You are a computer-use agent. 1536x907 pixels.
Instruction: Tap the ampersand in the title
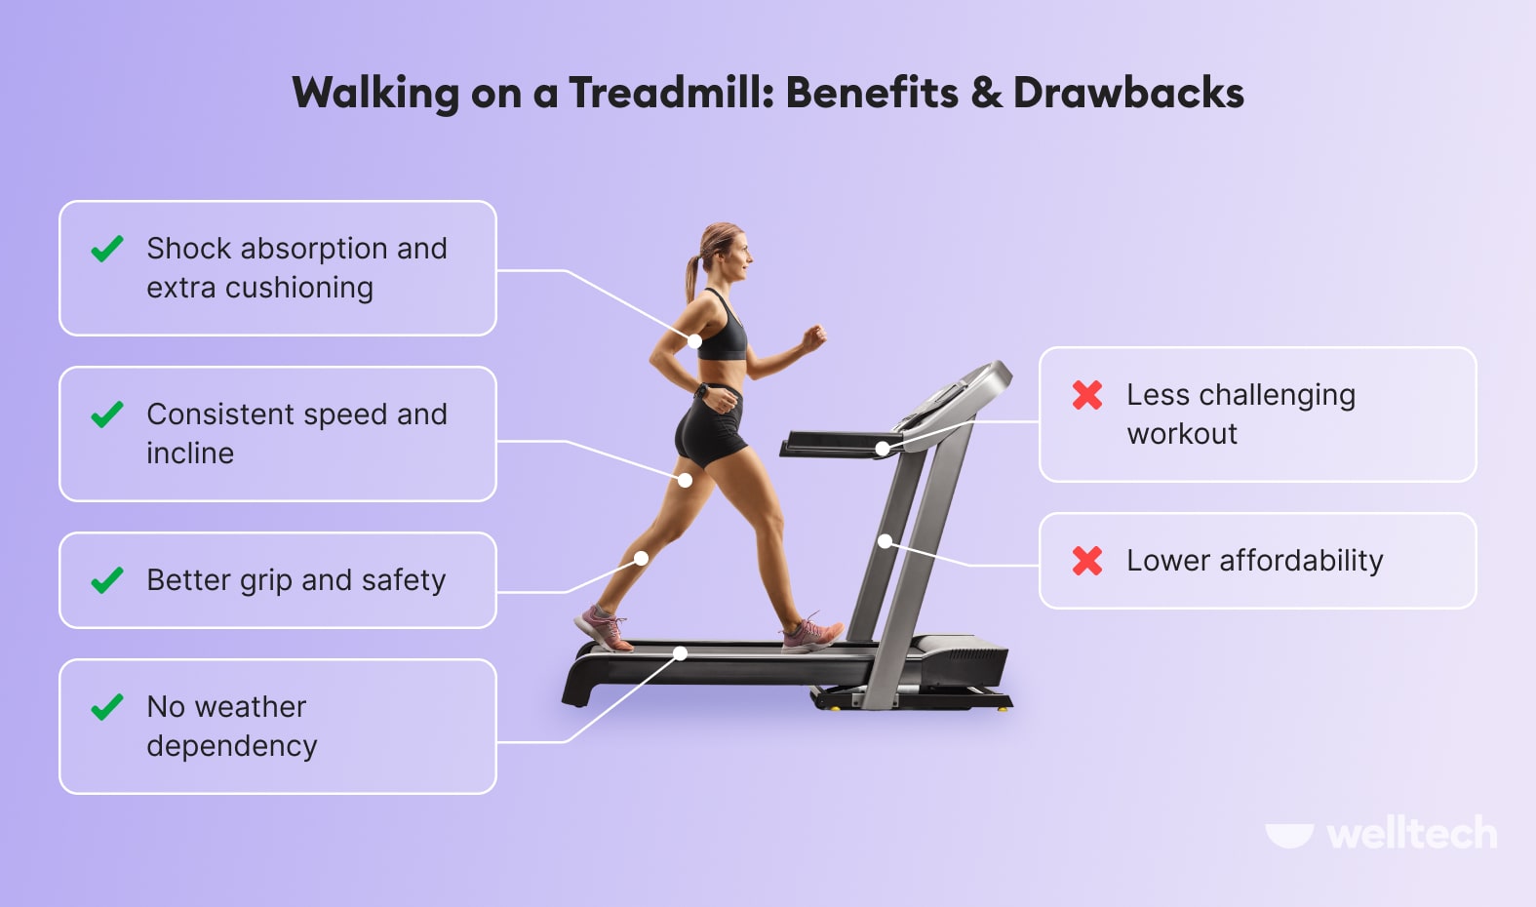(986, 94)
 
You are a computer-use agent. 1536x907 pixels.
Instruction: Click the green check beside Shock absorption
(107, 250)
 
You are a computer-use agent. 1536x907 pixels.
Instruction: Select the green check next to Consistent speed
(107, 415)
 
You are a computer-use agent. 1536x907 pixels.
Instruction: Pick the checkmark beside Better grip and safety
(107, 581)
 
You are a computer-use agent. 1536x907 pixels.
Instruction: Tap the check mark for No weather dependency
(107, 707)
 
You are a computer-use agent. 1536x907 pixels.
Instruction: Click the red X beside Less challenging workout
(1087, 395)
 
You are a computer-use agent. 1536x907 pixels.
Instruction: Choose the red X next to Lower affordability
(1087, 561)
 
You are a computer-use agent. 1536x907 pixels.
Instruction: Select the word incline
(190, 453)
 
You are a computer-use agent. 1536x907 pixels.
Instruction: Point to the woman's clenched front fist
(813, 337)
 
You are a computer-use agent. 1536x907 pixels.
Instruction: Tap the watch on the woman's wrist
(701, 391)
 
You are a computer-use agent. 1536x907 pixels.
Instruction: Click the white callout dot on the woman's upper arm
(694, 341)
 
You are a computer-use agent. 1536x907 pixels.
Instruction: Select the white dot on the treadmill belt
(681, 653)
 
